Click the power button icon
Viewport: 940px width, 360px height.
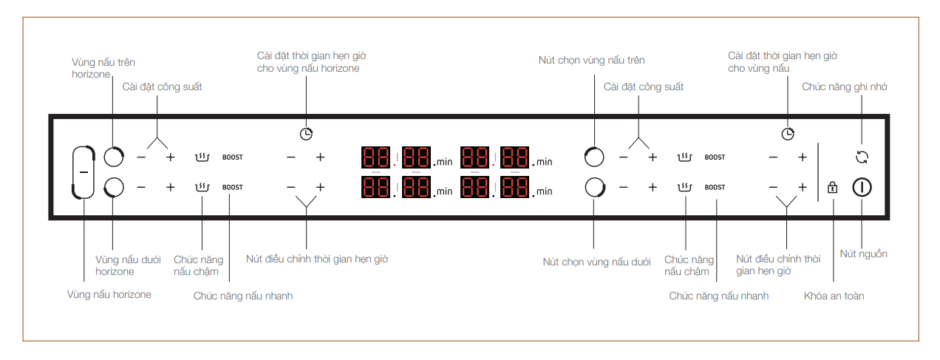[862, 188]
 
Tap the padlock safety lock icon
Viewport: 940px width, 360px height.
[833, 188]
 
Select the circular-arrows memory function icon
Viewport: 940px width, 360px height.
[862, 157]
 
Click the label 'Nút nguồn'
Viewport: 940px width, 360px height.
[863, 254]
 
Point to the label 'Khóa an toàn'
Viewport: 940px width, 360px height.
[834, 296]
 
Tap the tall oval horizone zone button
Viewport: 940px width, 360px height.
[84, 172]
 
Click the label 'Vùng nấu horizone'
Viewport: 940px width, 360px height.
[109, 295]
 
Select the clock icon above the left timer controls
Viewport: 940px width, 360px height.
[306, 134]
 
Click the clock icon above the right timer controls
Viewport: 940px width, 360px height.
[789, 134]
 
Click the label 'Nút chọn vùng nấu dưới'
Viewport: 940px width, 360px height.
[596, 262]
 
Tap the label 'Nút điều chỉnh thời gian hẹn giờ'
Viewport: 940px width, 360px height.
[316, 259]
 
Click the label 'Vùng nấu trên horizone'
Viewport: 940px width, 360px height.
[103, 69]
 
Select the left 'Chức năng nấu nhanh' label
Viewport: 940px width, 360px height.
[243, 296]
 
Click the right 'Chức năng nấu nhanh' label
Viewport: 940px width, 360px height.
[718, 296]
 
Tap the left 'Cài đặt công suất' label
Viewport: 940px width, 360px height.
[162, 87]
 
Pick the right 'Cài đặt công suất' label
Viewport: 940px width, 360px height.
[643, 87]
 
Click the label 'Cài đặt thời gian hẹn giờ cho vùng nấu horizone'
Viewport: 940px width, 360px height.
[311, 62]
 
